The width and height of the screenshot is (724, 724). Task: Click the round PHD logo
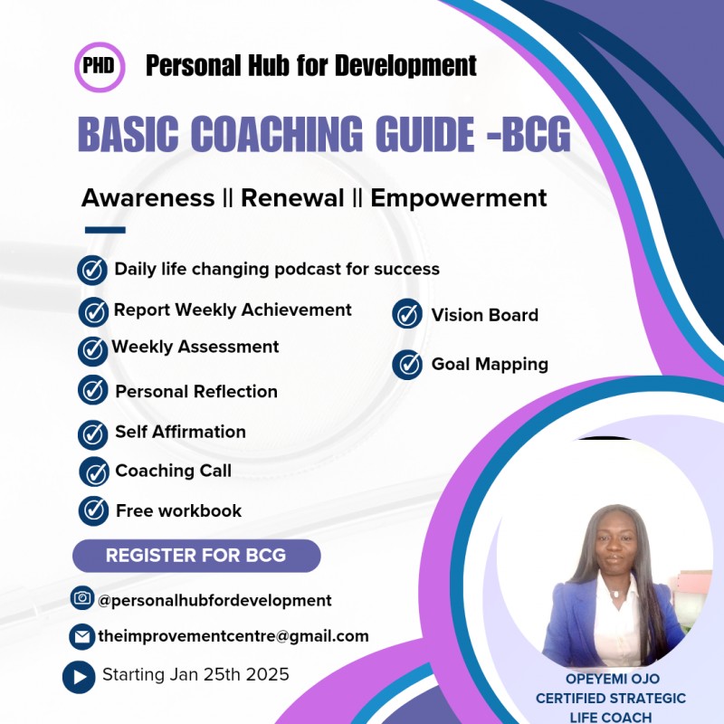(99, 67)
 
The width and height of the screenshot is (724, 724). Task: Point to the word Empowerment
(459, 198)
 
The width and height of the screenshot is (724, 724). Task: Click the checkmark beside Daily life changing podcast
(92, 270)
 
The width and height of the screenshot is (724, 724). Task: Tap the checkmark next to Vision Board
(407, 315)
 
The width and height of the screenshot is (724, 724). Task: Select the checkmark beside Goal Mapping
(407, 365)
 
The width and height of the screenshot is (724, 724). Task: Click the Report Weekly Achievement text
(233, 310)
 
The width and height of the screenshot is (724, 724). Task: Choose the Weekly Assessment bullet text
(195, 347)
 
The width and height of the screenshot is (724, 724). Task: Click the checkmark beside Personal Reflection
(92, 390)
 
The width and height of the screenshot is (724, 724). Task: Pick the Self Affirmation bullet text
(180, 432)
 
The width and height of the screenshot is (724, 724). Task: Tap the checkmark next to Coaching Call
(93, 472)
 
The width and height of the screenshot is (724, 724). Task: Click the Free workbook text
(178, 510)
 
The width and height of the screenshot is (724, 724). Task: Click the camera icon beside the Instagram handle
(82, 598)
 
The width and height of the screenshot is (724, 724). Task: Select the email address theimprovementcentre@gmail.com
(233, 636)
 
